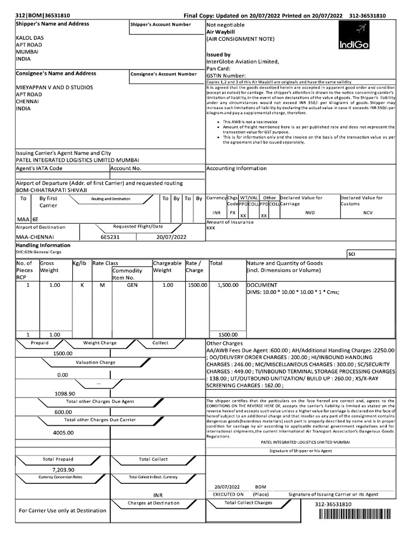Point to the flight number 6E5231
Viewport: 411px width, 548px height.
click(x=111, y=236)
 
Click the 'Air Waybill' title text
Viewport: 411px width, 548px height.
click(x=220, y=32)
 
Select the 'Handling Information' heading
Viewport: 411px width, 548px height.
click(x=43, y=245)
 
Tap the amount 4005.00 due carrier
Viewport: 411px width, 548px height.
click(x=63, y=432)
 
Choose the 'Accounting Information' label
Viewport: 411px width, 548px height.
click(x=236, y=168)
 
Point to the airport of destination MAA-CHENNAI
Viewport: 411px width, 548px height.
click(x=35, y=236)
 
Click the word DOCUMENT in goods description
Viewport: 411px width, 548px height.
click(x=262, y=285)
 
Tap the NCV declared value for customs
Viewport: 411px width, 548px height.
click(x=367, y=212)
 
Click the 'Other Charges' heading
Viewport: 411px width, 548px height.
click(x=224, y=343)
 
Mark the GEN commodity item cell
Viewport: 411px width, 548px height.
click(x=132, y=285)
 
